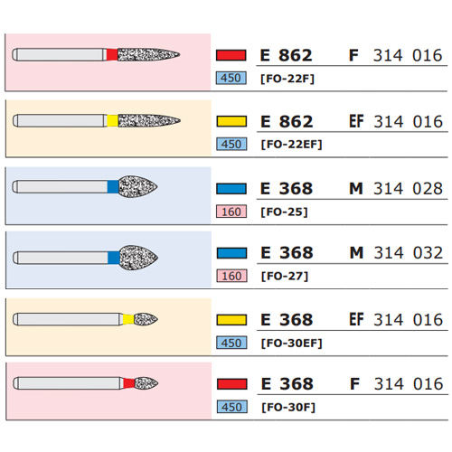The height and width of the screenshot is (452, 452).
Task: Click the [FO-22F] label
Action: click(287, 79)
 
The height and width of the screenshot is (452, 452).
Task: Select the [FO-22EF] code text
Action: click(291, 145)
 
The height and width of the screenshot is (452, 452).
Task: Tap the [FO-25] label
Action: click(284, 212)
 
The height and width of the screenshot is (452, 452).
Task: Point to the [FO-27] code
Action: click(285, 277)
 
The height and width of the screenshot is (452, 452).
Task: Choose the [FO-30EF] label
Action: click(292, 344)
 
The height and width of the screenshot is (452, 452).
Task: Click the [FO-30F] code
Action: click(288, 408)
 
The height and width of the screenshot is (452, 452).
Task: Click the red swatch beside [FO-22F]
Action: click(231, 55)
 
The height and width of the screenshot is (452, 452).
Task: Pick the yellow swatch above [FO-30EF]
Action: click(231, 320)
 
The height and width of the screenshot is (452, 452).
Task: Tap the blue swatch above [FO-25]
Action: click(231, 189)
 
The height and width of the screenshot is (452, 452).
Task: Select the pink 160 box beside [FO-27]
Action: click(231, 276)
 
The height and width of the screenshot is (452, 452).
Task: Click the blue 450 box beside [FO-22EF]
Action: click(231, 144)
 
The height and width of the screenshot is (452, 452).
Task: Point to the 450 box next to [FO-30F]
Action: click(232, 407)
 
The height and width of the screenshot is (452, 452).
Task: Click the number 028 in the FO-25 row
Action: click(428, 189)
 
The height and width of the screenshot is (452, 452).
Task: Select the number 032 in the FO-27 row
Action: click(428, 253)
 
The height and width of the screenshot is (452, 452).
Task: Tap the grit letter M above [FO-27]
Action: click(356, 253)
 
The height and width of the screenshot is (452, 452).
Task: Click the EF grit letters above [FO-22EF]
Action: click(356, 121)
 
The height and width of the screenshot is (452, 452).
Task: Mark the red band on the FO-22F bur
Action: click(112, 55)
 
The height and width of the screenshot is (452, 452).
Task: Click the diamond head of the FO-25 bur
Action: click(137, 187)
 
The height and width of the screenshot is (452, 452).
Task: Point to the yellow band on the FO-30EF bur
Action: click(128, 319)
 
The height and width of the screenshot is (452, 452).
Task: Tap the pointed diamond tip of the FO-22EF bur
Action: click(180, 121)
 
